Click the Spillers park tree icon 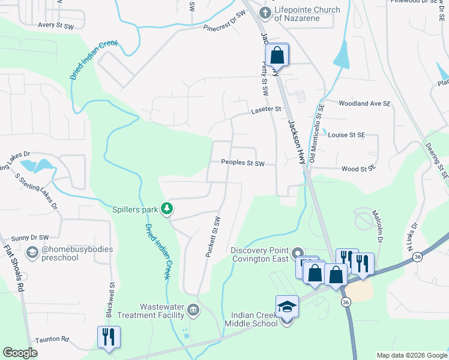tap(167, 209)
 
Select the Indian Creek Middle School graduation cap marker tap(287, 307)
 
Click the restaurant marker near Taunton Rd tap(109, 337)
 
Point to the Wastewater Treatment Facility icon tap(193, 310)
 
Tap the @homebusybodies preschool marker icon tap(32, 254)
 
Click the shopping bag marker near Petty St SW tap(277, 55)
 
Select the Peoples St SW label tap(243, 163)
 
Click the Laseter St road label tap(266, 110)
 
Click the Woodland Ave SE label tap(364, 104)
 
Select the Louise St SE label tap(346, 135)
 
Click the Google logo tap(20, 353)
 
